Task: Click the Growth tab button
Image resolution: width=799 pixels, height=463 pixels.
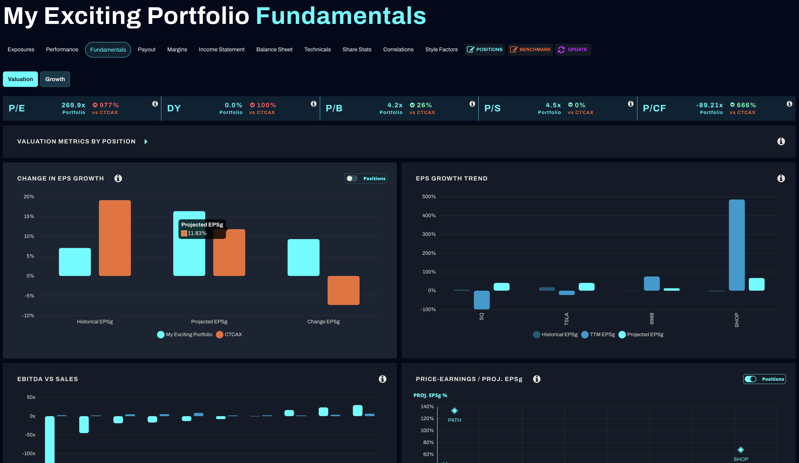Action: (55, 79)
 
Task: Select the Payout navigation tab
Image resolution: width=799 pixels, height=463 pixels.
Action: (146, 49)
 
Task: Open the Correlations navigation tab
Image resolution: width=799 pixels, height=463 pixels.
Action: (398, 49)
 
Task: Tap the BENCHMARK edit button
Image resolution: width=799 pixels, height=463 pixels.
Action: (530, 49)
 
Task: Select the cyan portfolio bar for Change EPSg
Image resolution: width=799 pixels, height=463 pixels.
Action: (303, 257)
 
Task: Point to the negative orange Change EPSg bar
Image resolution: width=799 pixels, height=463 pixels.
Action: (343, 290)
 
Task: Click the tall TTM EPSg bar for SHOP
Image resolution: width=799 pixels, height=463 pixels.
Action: (737, 245)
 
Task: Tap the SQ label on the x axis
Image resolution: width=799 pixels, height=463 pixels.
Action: (481, 316)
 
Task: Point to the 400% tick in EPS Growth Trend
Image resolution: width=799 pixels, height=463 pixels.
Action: (429, 215)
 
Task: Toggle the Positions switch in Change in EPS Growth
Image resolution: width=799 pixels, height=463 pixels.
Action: (352, 178)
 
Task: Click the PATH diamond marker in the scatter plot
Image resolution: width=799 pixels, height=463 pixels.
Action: (454, 411)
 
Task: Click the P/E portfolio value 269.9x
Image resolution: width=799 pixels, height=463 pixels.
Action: (73, 105)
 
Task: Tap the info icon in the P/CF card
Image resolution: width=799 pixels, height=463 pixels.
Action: (789, 104)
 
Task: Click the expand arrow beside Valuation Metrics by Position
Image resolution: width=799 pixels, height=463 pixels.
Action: (146, 142)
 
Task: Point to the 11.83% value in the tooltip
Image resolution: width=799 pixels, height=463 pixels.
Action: (197, 233)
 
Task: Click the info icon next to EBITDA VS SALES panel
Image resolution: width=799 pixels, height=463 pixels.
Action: (382, 379)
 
